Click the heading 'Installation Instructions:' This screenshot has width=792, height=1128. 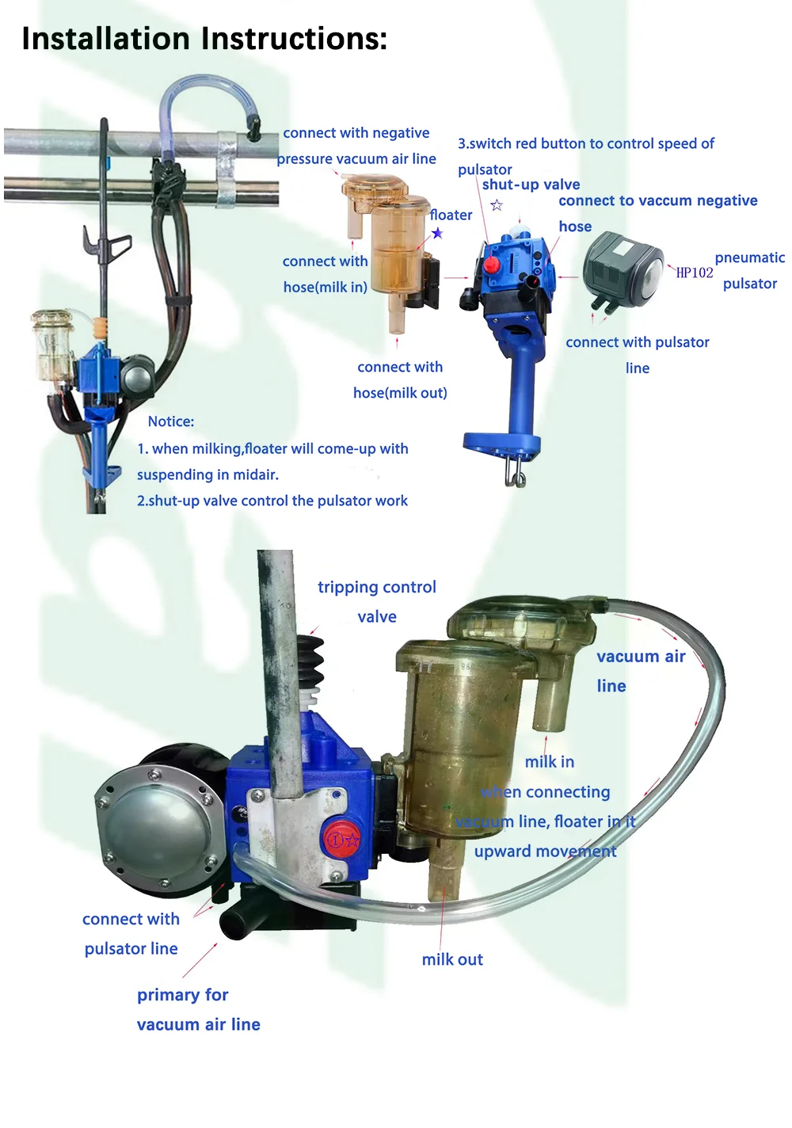(x=204, y=39)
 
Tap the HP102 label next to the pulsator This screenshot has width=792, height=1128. (x=694, y=272)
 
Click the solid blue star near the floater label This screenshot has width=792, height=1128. (x=437, y=233)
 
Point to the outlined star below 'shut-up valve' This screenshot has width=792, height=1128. (x=497, y=206)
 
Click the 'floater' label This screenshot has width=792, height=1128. (x=451, y=215)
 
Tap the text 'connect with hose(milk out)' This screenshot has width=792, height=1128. (x=400, y=379)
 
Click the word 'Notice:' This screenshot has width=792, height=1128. (x=170, y=421)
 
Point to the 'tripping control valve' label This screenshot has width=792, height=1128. (x=376, y=601)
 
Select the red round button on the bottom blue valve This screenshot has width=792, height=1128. (x=340, y=839)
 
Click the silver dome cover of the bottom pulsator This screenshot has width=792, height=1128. (x=156, y=824)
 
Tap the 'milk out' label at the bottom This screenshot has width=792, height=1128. (x=451, y=959)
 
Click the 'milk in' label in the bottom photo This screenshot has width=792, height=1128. (x=549, y=761)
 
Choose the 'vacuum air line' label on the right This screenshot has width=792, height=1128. (x=640, y=670)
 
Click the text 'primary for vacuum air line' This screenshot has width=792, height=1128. (x=198, y=1009)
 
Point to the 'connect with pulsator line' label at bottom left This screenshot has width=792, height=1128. (x=131, y=933)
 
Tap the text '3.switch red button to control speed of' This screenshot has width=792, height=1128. (x=585, y=143)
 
